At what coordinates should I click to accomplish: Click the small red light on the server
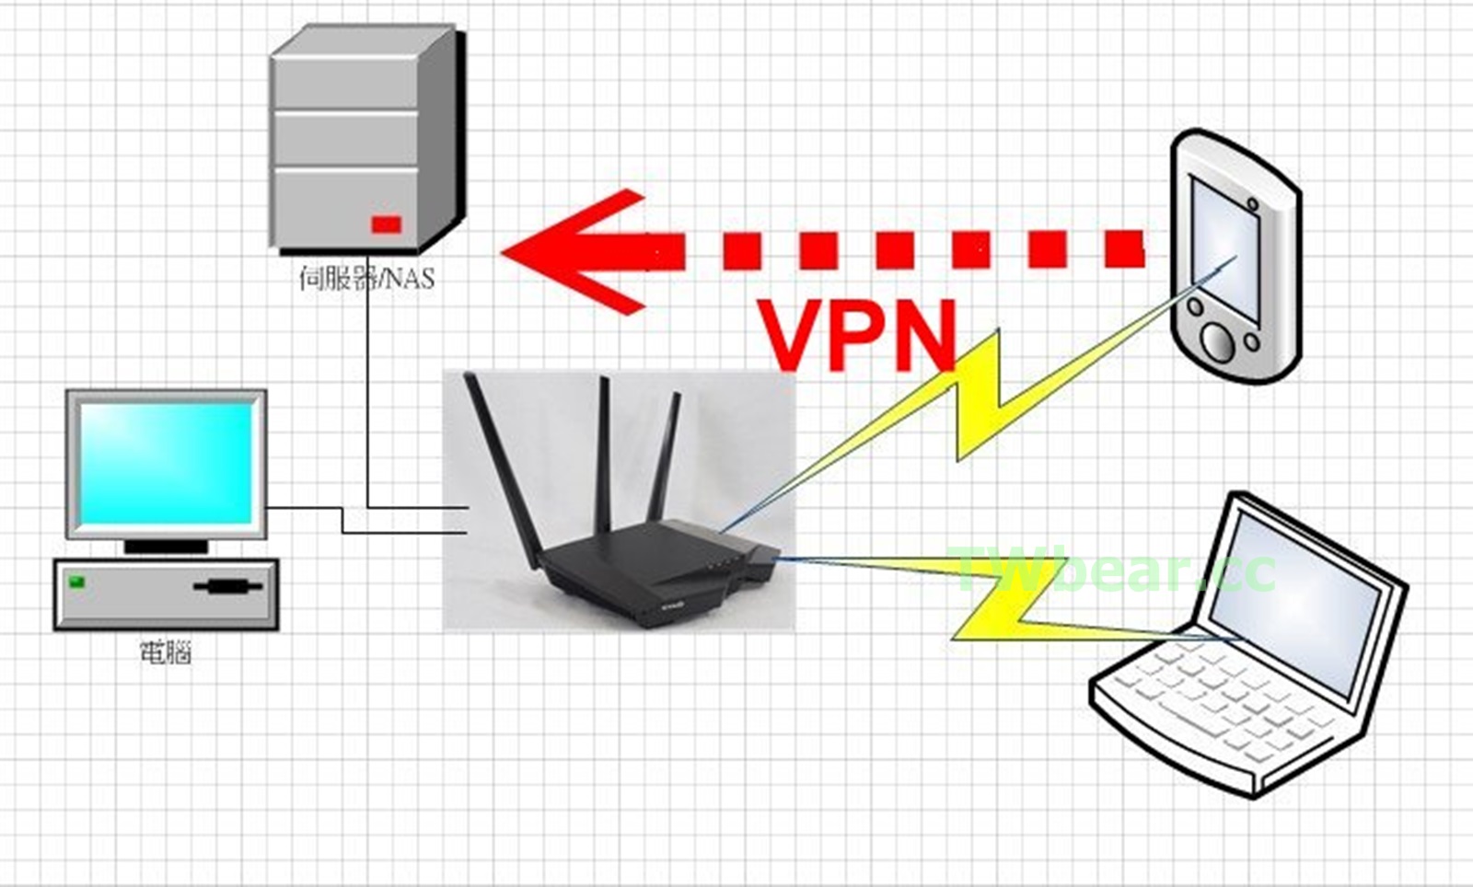(387, 224)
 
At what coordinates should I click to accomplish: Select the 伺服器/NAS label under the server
(365, 277)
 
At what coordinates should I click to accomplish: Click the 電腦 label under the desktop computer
(166, 653)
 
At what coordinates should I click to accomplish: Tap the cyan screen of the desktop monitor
(166, 463)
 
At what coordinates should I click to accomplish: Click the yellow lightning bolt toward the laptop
(1003, 607)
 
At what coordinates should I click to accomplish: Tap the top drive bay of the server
(345, 86)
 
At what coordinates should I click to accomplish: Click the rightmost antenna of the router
(665, 455)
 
